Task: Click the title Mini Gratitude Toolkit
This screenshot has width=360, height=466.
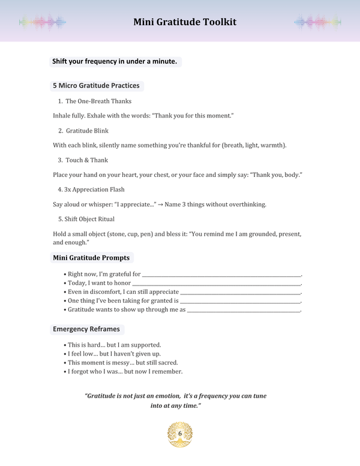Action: pyautogui.click(x=185, y=22)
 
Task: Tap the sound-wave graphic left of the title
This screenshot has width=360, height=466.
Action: pyautogui.click(x=42, y=22)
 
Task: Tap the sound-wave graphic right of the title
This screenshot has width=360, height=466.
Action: pyautogui.click(x=317, y=22)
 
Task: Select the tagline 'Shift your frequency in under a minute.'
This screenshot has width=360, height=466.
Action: pyautogui.click(x=115, y=61)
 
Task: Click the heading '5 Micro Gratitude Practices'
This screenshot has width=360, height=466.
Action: pyautogui.click(x=96, y=85)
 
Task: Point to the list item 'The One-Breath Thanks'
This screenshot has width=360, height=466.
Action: pyautogui.click(x=98, y=101)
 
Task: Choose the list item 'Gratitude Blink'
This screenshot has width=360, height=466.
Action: pyautogui.click(x=87, y=131)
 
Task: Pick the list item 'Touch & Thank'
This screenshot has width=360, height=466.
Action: pyautogui.click(x=87, y=160)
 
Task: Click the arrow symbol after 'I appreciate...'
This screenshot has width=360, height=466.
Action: pyautogui.click(x=161, y=205)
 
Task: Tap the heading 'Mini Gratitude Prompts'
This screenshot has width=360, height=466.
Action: pyautogui.click(x=91, y=258)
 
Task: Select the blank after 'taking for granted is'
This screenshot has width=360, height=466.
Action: pyautogui.click(x=239, y=302)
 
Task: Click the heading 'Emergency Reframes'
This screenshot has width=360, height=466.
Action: pyautogui.click(x=86, y=329)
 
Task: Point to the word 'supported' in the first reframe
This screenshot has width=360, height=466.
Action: pyautogui.click(x=147, y=345)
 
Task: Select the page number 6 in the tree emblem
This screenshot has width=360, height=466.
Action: pyautogui.click(x=179, y=434)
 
